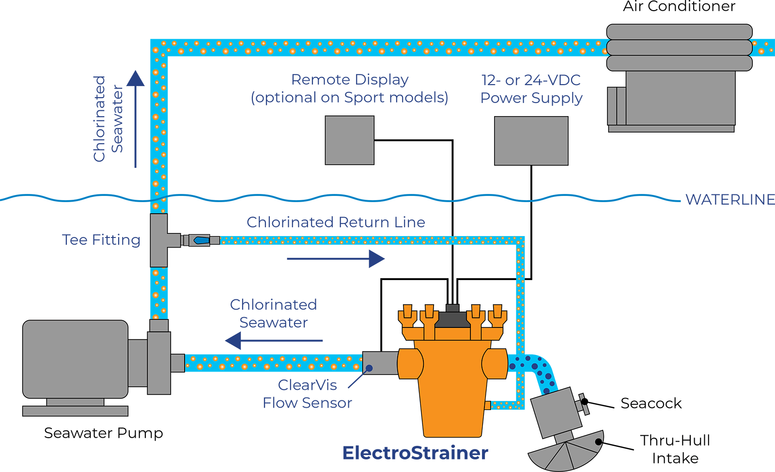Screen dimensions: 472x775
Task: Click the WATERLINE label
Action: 729,200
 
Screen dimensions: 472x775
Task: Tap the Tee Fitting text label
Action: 101,240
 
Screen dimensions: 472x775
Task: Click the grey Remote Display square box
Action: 349,140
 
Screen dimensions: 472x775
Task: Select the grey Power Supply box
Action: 531,141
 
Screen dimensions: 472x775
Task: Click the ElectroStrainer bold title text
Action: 415,453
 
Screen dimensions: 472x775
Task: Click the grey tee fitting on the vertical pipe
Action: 159,240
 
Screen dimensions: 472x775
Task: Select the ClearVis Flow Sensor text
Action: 307,394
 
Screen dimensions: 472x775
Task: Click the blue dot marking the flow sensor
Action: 369,369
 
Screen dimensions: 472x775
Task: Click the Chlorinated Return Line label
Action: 336,222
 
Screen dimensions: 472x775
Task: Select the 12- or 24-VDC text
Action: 531,80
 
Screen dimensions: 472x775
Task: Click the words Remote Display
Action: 350,79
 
